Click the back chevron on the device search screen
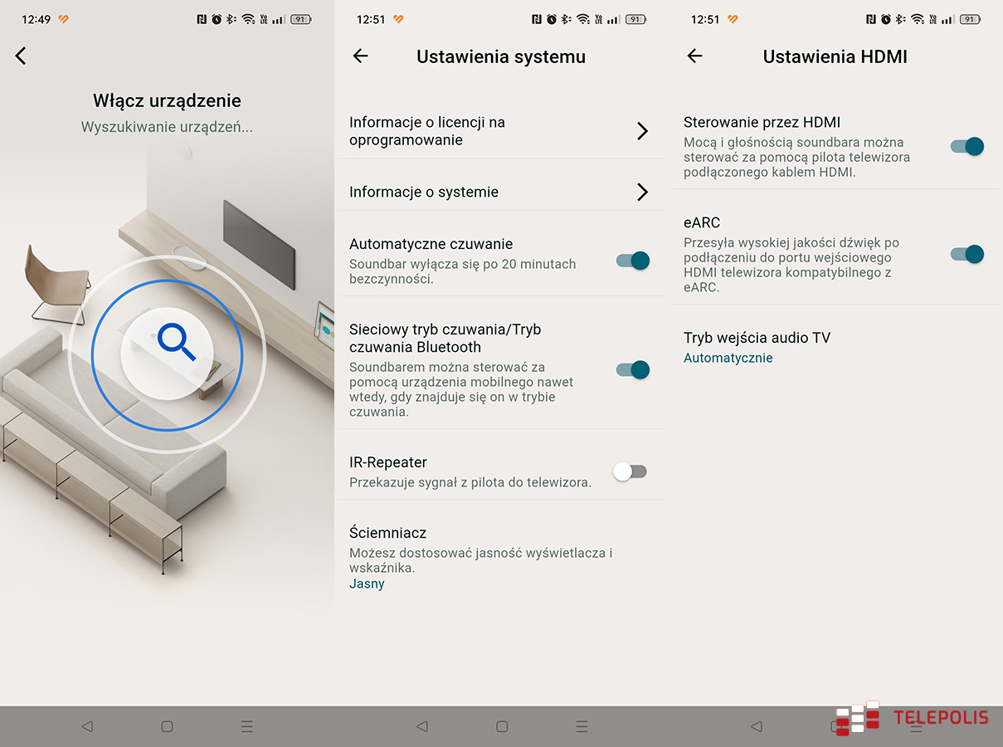[x=21, y=56]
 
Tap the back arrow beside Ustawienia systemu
[x=360, y=56]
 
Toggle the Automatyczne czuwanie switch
[x=633, y=261]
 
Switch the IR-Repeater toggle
[x=630, y=471]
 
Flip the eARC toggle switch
[x=966, y=254]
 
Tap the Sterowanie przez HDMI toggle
[x=966, y=146]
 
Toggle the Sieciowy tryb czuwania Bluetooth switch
[x=633, y=369]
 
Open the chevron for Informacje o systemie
[x=642, y=192]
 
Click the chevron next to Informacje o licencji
[x=642, y=131]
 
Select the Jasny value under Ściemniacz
[x=367, y=583]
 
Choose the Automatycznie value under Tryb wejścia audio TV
[x=728, y=358]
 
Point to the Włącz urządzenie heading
[x=167, y=100]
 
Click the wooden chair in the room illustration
[x=56, y=285]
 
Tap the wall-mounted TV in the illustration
[x=259, y=244]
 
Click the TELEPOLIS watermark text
[x=941, y=718]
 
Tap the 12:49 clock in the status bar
[x=37, y=19]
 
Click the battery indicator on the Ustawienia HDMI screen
[x=971, y=19]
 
